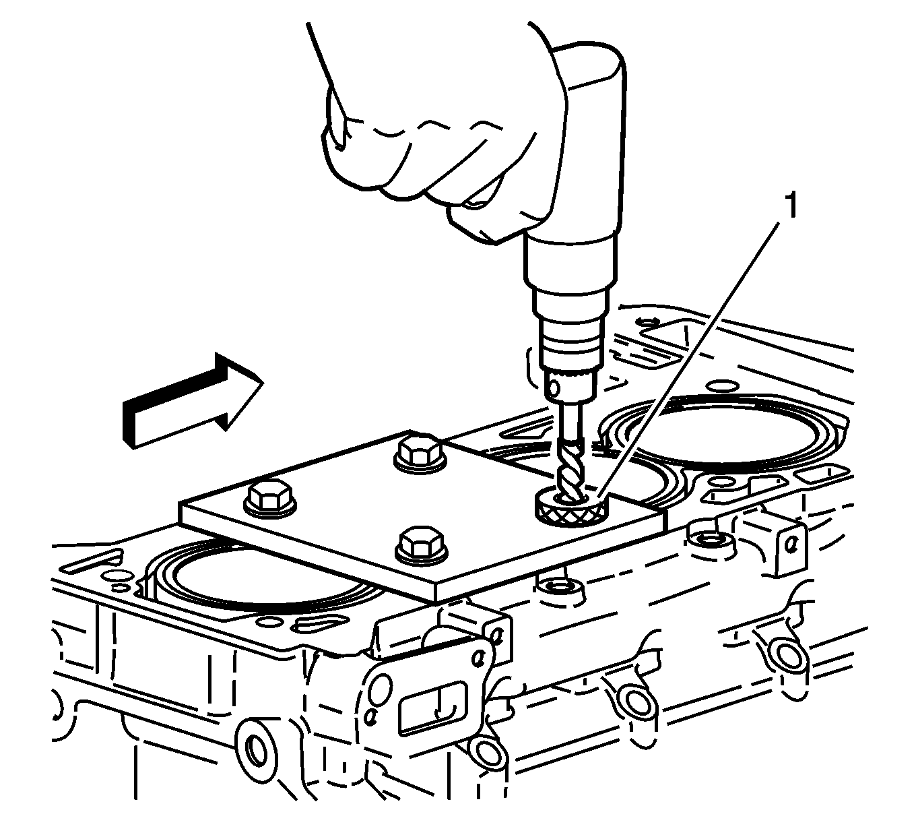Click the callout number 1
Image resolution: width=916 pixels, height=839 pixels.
pyautogui.click(x=791, y=206)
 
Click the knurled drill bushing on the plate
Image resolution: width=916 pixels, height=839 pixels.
pyautogui.click(x=571, y=507)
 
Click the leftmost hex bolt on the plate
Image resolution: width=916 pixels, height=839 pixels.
pyautogui.click(x=270, y=499)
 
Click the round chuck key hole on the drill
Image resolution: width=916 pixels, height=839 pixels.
pyautogui.click(x=554, y=388)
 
